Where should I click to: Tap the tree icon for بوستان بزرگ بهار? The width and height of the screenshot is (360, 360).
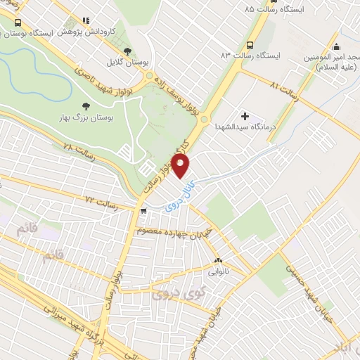coord(86,106)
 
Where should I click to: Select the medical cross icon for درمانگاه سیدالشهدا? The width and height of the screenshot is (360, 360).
coord(245,115)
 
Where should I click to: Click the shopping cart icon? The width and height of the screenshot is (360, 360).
coord(143,210)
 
